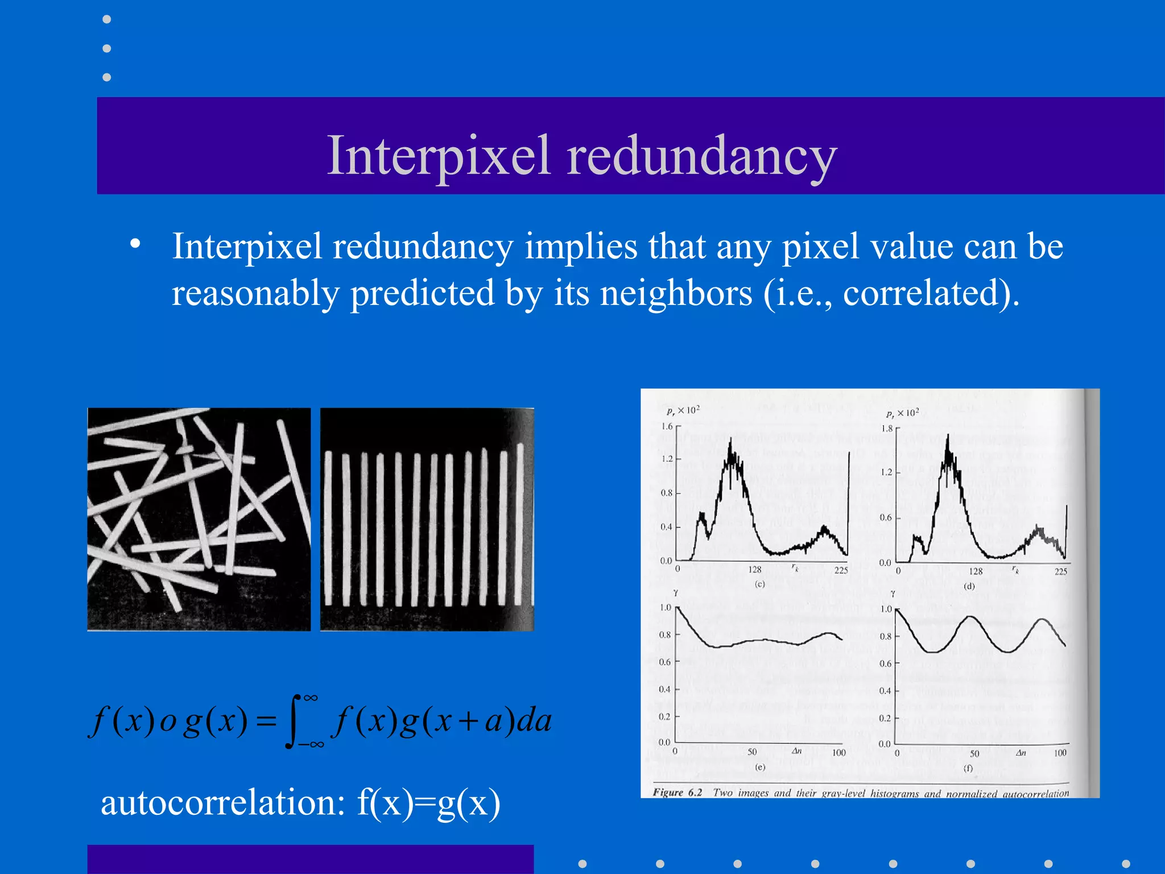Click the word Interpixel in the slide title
(x=439, y=156)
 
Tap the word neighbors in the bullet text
(x=676, y=294)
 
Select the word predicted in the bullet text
(x=422, y=294)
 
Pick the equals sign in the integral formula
(x=266, y=722)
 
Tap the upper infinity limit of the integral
(x=311, y=698)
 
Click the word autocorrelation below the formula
(x=222, y=803)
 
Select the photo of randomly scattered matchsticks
(x=199, y=519)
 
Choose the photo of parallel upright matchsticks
(x=427, y=519)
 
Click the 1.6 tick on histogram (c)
(x=667, y=426)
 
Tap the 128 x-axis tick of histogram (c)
(x=755, y=570)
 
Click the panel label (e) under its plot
(x=760, y=767)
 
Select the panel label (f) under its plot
(x=968, y=768)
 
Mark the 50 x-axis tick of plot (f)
(x=974, y=753)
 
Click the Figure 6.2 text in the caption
(x=677, y=793)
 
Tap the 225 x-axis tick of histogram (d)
(x=1061, y=571)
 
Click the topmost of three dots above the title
(x=106, y=19)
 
